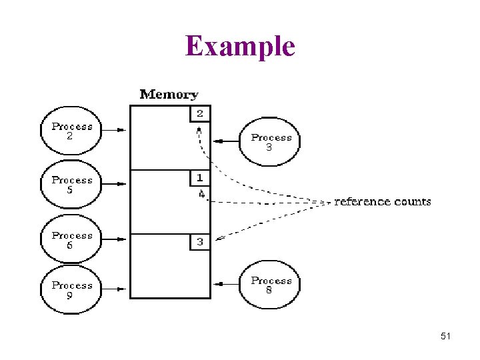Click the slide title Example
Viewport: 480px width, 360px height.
pos(240,46)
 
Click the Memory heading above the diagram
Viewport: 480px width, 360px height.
pos(169,95)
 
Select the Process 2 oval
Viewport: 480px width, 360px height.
pos(72,131)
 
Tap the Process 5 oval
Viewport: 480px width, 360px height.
pos(72,185)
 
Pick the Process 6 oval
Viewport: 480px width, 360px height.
pos(72,240)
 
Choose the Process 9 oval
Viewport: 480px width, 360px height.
pos(72,290)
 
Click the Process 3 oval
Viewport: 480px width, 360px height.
pos(271,142)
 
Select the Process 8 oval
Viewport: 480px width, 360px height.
pos(271,285)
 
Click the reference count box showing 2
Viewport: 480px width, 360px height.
pos(199,113)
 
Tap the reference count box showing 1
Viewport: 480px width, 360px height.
pos(199,178)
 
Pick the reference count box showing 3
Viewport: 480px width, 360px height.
pos(199,241)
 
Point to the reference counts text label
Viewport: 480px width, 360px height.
pos(383,201)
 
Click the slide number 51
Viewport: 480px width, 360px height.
pos(446,337)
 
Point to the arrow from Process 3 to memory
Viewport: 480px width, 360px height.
pos(225,141)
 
